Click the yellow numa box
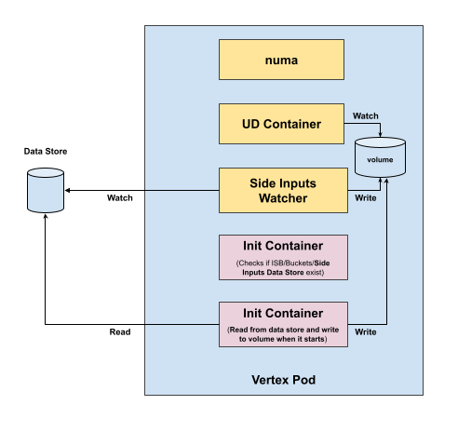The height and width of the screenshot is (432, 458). click(281, 60)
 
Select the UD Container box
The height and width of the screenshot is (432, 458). click(281, 124)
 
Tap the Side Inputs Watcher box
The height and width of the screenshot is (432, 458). click(283, 191)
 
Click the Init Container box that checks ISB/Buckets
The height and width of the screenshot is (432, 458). click(283, 258)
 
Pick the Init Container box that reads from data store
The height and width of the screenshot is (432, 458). click(283, 324)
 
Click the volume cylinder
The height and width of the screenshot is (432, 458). click(380, 157)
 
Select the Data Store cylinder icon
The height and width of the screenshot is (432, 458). click(46, 191)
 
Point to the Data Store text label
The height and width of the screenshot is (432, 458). click(46, 152)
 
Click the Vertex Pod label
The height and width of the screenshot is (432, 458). click(284, 380)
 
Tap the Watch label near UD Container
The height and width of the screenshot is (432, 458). click(366, 116)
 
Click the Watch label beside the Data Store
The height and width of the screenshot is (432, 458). click(120, 198)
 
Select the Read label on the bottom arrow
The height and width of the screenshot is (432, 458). click(120, 332)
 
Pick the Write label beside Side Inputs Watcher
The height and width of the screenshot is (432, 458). click(366, 198)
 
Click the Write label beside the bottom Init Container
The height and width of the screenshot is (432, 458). click(366, 332)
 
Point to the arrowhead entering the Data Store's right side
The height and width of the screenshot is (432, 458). click(67, 190)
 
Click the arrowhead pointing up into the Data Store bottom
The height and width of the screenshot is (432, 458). click(46, 216)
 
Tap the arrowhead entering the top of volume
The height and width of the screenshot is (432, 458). click(380, 134)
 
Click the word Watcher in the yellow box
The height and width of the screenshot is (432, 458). click(283, 198)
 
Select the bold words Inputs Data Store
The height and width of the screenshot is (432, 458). click(273, 273)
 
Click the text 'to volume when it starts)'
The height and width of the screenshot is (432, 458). click(283, 339)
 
